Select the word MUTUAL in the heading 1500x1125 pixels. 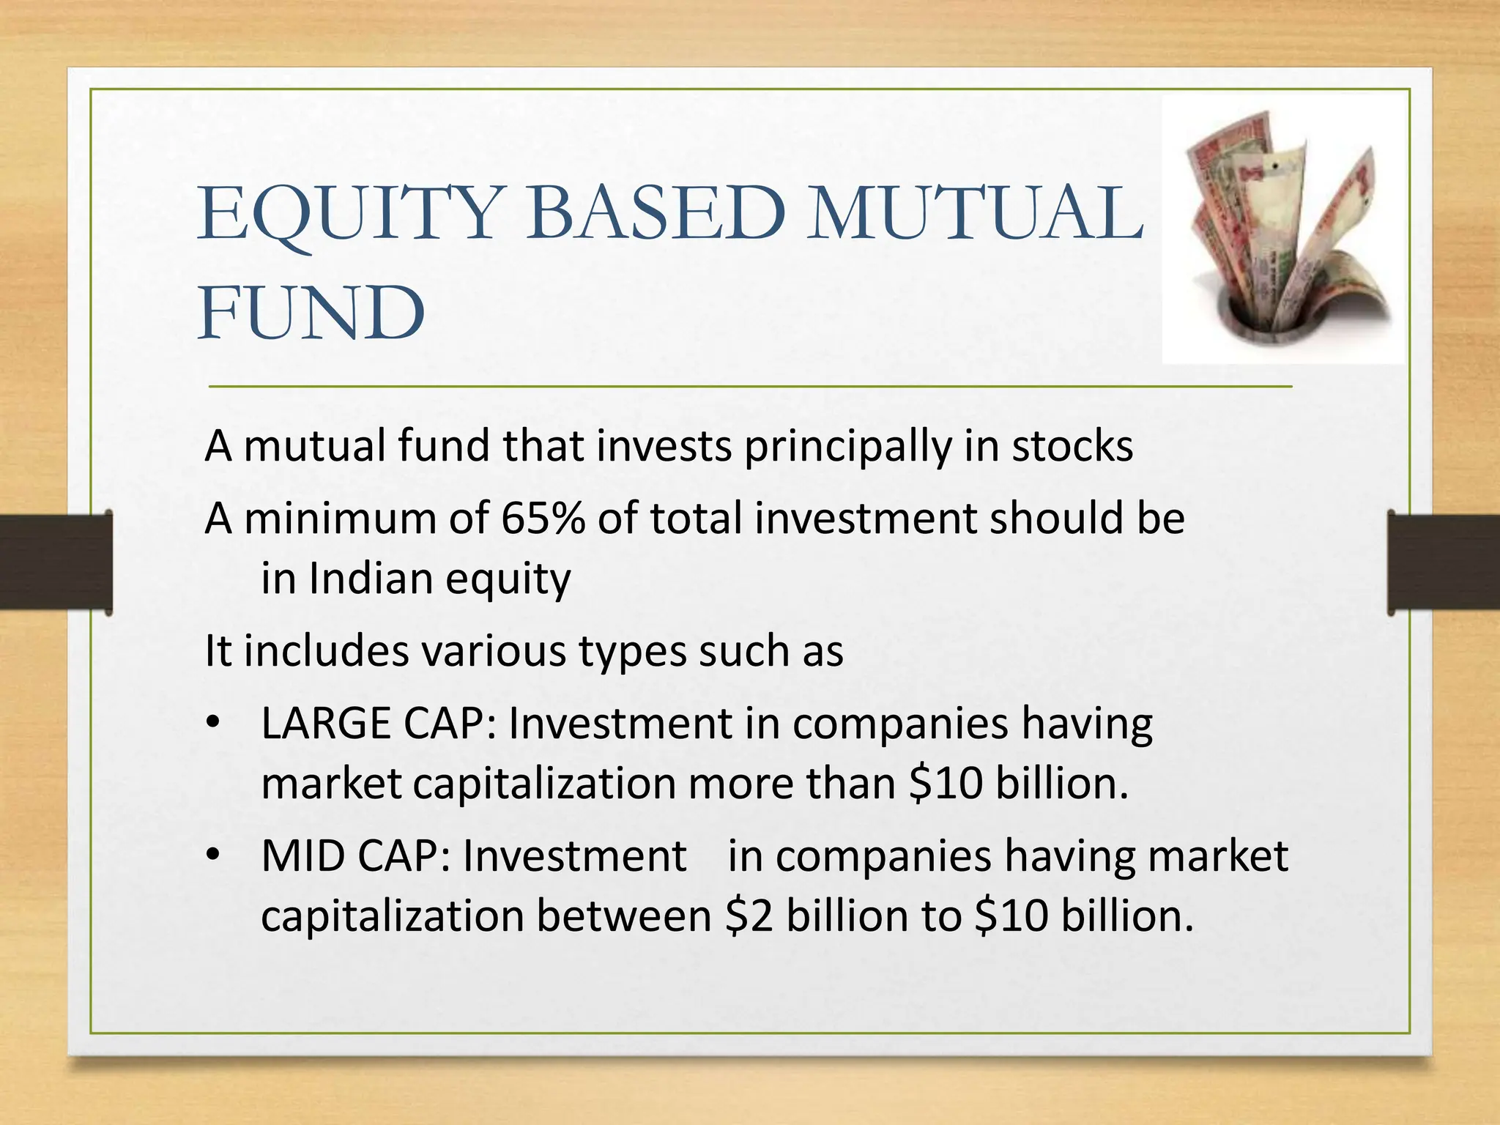click(974, 214)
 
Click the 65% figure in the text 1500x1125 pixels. click(543, 519)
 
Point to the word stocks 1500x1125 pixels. click(1072, 446)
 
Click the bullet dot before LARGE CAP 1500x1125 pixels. click(213, 724)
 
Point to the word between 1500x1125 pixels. click(623, 916)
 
